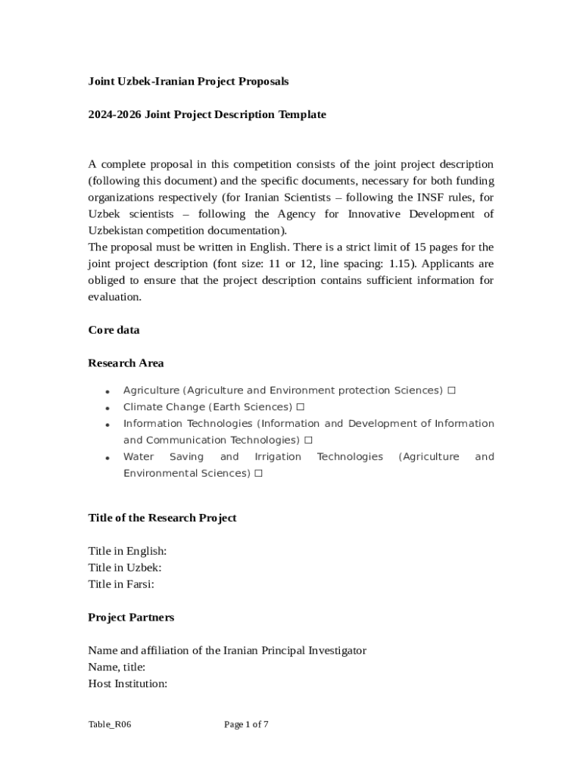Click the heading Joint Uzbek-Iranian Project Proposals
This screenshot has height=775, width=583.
pyautogui.click(x=188, y=81)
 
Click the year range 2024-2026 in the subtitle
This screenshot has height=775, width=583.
pyautogui.click(x=114, y=114)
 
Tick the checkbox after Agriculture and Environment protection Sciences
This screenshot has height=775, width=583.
pyautogui.click(x=451, y=391)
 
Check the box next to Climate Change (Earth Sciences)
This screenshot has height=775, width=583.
pyautogui.click(x=301, y=407)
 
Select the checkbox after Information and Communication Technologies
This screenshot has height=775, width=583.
pyautogui.click(x=308, y=440)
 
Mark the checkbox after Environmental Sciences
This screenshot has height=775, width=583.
pyautogui.click(x=258, y=474)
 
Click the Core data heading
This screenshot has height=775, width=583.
pyautogui.click(x=114, y=330)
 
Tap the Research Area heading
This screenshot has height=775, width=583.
pyautogui.click(x=126, y=363)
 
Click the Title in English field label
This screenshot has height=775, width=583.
pyautogui.click(x=127, y=551)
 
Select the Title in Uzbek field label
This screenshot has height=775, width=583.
pyautogui.click(x=124, y=568)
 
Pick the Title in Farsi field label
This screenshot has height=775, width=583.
pyautogui.click(x=121, y=584)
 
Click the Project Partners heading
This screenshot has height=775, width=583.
pyautogui.click(x=131, y=618)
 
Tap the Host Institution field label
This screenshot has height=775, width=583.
pyautogui.click(x=127, y=684)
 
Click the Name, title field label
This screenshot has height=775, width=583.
pyautogui.click(x=117, y=668)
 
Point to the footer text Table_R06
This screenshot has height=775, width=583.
pyautogui.click(x=110, y=725)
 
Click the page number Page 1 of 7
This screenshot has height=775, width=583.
pyautogui.click(x=246, y=725)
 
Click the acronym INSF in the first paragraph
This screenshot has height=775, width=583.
pyautogui.click(x=412, y=198)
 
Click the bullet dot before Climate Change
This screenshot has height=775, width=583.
pyautogui.click(x=108, y=408)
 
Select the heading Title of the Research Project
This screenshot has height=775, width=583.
pyautogui.click(x=162, y=518)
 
